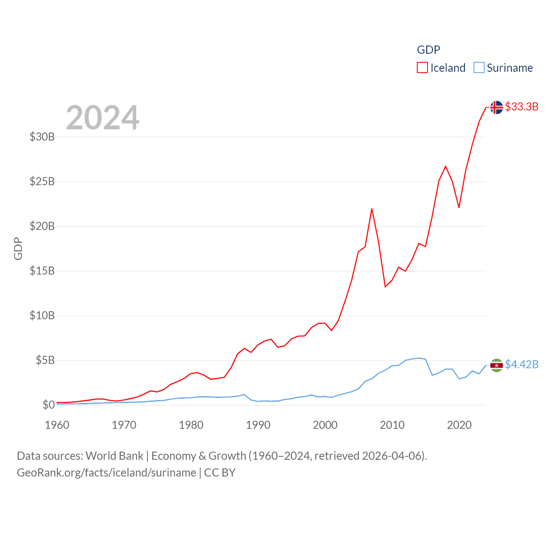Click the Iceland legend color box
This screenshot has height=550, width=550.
point(422,68)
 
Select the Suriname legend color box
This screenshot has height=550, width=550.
point(479,68)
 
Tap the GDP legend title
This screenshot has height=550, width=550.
point(428,50)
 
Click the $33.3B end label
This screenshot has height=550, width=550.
point(522,107)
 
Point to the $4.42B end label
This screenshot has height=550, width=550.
point(522,364)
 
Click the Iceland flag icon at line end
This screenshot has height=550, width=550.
point(496,107)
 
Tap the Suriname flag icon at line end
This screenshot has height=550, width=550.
point(496,365)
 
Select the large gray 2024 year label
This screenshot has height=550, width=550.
point(102,117)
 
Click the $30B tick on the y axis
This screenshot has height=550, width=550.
point(42,137)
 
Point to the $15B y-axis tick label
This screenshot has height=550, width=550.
point(42,271)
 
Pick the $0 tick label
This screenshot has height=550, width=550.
point(49,405)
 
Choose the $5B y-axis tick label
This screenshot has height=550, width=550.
point(45,360)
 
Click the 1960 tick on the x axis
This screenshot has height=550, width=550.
point(57,425)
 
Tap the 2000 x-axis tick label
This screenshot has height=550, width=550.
point(325,425)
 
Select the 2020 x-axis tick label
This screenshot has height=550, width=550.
point(459,425)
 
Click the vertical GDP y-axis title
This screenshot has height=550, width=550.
point(18,248)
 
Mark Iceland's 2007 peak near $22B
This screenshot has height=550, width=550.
point(372,209)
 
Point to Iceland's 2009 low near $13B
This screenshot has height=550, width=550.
point(385,287)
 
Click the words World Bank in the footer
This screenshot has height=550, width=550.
point(114,455)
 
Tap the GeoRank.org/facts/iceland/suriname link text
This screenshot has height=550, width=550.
point(107,473)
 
